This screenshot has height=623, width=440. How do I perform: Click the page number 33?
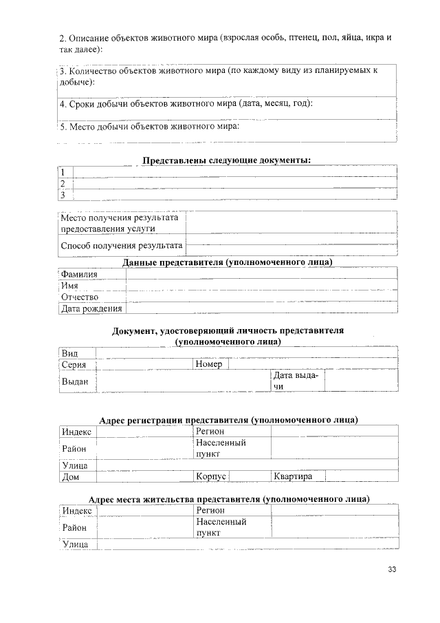[x=393, y=569]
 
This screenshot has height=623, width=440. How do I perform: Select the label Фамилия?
[x=79, y=274]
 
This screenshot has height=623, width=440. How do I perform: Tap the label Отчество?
[x=80, y=297]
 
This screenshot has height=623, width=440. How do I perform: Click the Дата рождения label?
[x=91, y=308]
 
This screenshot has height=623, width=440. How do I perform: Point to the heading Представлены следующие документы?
[x=227, y=160]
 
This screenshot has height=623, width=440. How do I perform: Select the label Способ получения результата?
[x=122, y=245]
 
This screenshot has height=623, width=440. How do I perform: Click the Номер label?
[x=209, y=364]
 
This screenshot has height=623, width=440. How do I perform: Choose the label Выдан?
[x=75, y=381]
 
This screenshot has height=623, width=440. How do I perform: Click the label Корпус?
[x=212, y=476]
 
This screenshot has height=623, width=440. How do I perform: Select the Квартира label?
[x=294, y=476]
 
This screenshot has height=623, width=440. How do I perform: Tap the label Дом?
[x=71, y=476]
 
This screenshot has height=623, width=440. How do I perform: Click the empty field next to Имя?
[x=261, y=286]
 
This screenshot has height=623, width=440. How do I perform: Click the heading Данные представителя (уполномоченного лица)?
[x=228, y=262]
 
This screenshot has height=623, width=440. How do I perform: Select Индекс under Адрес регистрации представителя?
[x=77, y=431]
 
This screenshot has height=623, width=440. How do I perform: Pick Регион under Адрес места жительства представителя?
[x=210, y=510]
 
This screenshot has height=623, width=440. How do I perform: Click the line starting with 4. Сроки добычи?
[x=186, y=104]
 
